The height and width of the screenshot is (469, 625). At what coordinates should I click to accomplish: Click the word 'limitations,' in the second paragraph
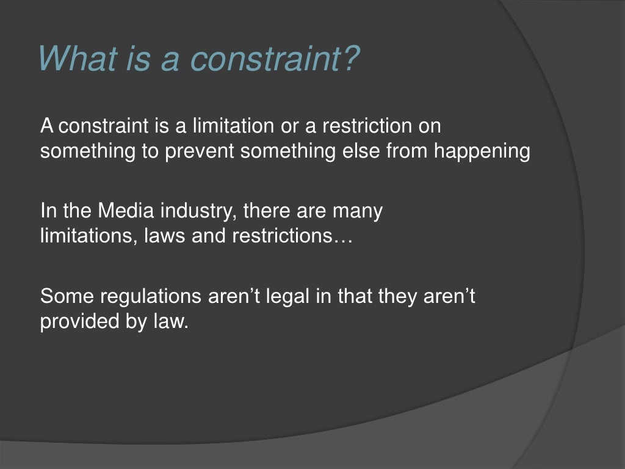(x=89, y=236)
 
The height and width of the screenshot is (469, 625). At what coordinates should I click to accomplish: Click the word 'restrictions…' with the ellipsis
(x=292, y=236)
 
